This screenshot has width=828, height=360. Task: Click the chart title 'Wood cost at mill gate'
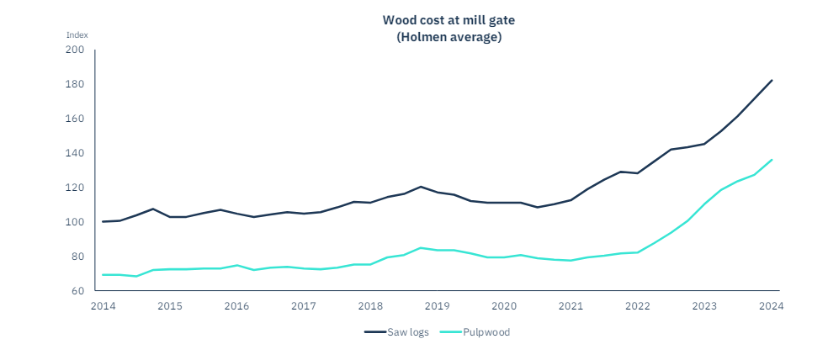click(448, 19)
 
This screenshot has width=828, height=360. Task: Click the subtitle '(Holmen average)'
click(448, 37)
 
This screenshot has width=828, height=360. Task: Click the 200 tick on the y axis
click(75, 50)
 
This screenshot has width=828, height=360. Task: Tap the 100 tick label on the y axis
click(75, 222)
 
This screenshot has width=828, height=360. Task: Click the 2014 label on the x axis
click(102, 306)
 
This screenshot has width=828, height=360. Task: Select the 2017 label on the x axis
click(303, 306)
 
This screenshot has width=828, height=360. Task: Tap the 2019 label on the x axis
click(437, 306)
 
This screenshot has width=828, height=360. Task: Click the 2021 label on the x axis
click(571, 306)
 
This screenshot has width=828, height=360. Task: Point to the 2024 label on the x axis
click(772, 306)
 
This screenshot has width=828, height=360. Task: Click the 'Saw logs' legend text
click(408, 332)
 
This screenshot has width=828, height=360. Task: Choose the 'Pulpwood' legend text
click(489, 332)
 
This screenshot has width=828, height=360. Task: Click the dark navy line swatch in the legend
click(374, 332)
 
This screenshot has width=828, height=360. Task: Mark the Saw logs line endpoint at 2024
click(772, 81)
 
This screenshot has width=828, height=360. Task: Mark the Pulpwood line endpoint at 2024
click(772, 160)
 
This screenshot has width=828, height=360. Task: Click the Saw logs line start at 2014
click(103, 221)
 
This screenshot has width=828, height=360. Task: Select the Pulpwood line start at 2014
click(103, 275)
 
